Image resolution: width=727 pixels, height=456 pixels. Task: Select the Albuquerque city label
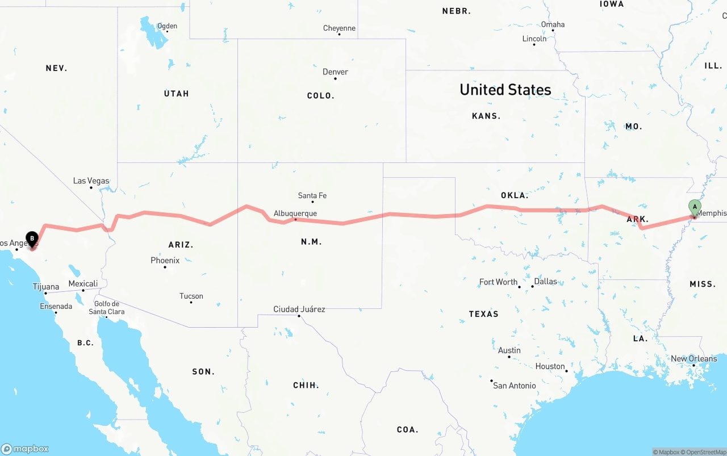pyautogui.click(x=295, y=214)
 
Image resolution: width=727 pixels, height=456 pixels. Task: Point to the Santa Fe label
pyautogui.click(x=312, y=196)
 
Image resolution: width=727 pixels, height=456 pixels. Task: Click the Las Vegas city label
pyautogui.click(x=91, y=181)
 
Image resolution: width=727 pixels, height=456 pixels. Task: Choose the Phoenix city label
pyautogui.click(x=165, y=261)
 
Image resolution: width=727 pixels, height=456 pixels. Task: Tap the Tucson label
pyautogui.click(x=191, y=296)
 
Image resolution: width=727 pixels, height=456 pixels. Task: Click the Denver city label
pyautogui.click(x=335, y=72)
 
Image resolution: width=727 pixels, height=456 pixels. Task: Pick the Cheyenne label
pyautogui.click(x=339, y=28)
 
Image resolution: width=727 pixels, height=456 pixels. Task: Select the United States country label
pyautogui.click(x=505, y=90)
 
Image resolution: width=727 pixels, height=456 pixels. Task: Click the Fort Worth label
pyautogui.click(x=498, y=282)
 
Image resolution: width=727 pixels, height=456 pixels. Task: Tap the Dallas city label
pyautogui.click(x=545, y=282)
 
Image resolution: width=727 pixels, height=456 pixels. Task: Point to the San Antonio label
pyautogui.click(x=514, y=386)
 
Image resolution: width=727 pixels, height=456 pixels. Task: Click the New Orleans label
pyautogui.click(x=693, y=359)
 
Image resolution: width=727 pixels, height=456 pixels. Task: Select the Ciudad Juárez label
pyautogui.click(x=299, y=309)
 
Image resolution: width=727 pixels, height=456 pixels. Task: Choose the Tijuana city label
pyautogui.click(x=45, y=287)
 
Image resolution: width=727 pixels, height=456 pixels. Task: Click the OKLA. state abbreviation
pyautogui.click(x=515, y=195)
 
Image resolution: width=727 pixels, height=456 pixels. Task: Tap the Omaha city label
pyautogui.click(x=553, y=24)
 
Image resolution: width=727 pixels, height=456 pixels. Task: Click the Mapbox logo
pyautogui.click(x=25, y=449)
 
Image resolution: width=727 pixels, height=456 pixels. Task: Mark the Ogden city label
pyautogui.click(x=167, y=26)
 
